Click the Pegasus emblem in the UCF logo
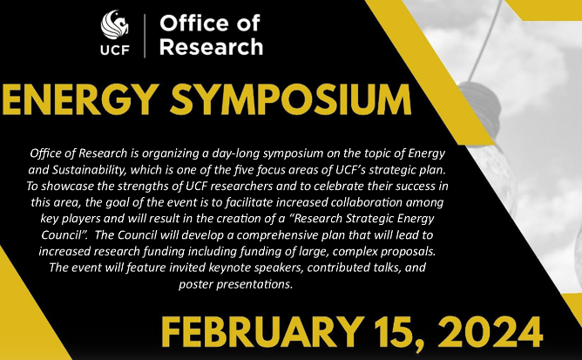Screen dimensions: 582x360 (115, 24)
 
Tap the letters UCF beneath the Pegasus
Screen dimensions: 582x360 (115, 50)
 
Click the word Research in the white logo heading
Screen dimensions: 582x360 (211, 47)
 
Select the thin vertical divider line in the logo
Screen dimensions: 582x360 (145, 36)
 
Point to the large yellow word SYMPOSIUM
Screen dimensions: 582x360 (291, 100)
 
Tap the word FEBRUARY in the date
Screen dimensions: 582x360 (263, 332)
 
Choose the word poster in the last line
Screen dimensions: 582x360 (196, 285)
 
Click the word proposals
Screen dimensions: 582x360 (408, 252)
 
